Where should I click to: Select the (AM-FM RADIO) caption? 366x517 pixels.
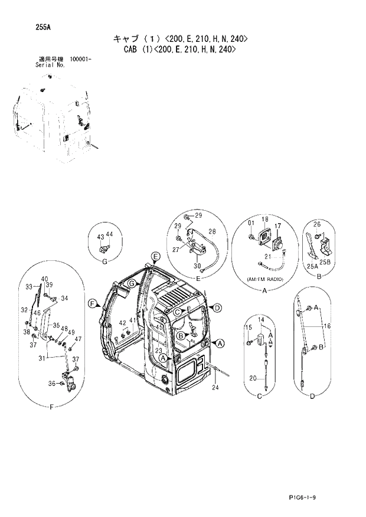[264, 277]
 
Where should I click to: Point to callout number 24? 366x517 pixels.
[215, 388]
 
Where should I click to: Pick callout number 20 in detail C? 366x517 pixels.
[251, 378]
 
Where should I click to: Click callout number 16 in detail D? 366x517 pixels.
[328, 325]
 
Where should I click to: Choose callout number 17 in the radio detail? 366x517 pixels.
[277, 227]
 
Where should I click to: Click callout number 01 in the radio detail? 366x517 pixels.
[251, 222]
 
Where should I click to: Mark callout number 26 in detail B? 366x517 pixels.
[316, 224]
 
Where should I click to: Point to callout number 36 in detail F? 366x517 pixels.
[51, 384]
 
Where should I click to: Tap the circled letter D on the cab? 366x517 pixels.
[217, 307]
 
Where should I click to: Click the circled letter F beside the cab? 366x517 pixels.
[93, 303]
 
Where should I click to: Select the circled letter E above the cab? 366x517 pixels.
[155, 256]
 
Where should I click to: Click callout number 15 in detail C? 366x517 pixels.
[249, 328]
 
